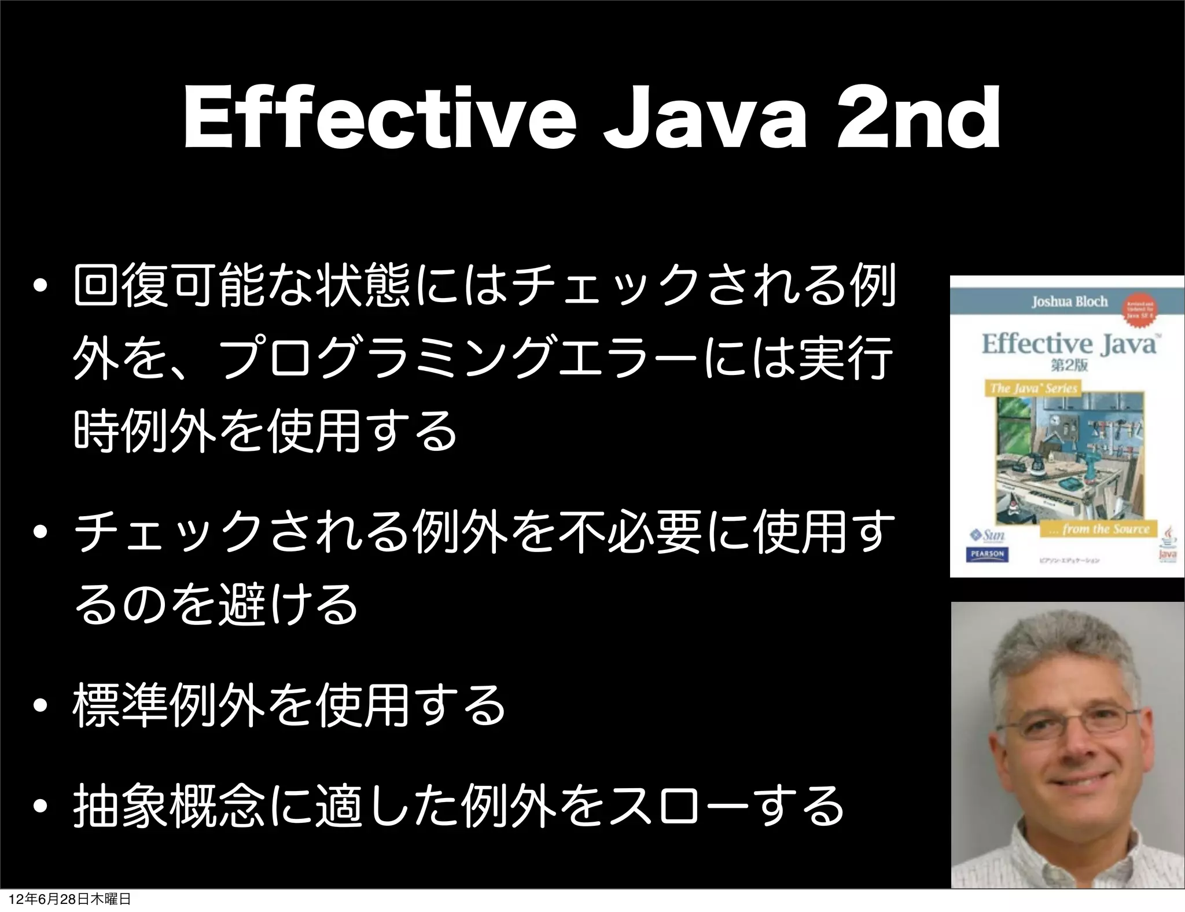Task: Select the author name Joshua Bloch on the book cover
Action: pyautogui.click(x=1069, y=301)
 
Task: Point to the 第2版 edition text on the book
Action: pyautogui.click(x=1068, y=365)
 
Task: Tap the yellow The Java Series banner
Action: pyautogui.click(x=1033, y=388)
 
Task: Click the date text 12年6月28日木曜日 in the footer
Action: pyautogui.click(x=70, y=899)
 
